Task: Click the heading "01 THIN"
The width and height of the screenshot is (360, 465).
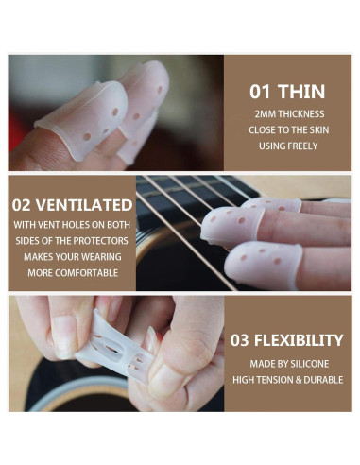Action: pos(287,92)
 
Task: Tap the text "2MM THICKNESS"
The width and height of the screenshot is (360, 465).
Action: pos(287,113)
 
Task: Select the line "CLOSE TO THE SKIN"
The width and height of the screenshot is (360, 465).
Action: pos(287,129)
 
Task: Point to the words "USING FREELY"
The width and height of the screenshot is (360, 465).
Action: pos(287,146)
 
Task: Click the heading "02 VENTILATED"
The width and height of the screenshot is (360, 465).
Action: pos(72,203)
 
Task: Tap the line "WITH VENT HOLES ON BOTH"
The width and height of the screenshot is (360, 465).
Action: pos(72,225)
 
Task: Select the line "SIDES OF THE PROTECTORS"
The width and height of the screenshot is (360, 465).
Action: pos(72,241)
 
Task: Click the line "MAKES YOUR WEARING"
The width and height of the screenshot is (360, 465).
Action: pos(72,257)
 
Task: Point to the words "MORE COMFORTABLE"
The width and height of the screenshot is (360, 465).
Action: pos(72,273)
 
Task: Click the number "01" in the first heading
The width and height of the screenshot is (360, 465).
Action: pos(262,92)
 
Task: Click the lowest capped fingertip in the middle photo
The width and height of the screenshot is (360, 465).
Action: pos(265,260)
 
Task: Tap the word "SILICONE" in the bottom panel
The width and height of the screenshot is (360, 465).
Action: pos(310,364)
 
